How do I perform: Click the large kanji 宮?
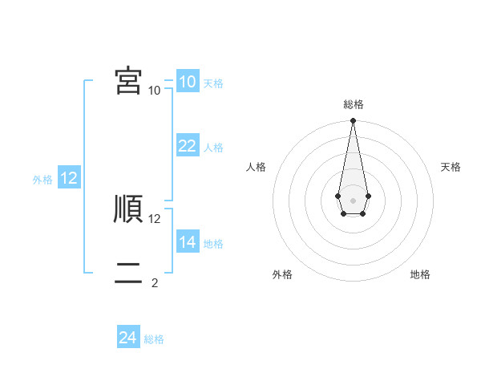tap(128, 80)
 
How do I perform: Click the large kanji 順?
tap(128, 209)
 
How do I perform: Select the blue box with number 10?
tap(187, 82)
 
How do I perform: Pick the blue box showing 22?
tap(187, 146)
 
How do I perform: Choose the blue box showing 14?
tap(187, 242)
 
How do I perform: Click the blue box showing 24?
tap(127, 338)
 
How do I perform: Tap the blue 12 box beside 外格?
tap(69, 178)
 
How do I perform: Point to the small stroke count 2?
tap(154, 282)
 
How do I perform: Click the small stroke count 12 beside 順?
tap(155, 218)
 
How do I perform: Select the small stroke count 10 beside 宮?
tap(155, 90)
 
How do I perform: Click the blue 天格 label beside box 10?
tap(213, 83)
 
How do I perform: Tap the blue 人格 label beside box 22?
tap(213, 148)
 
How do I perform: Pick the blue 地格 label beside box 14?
tap(213, 244)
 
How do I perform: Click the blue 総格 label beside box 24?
tap(154, 339)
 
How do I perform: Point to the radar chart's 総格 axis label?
tap(353, 104)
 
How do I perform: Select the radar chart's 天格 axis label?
tap(451, 167)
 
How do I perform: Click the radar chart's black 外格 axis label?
tap(282, 274)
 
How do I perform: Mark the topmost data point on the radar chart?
tap(353, 121)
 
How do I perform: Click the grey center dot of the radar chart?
tap(353, 200)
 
